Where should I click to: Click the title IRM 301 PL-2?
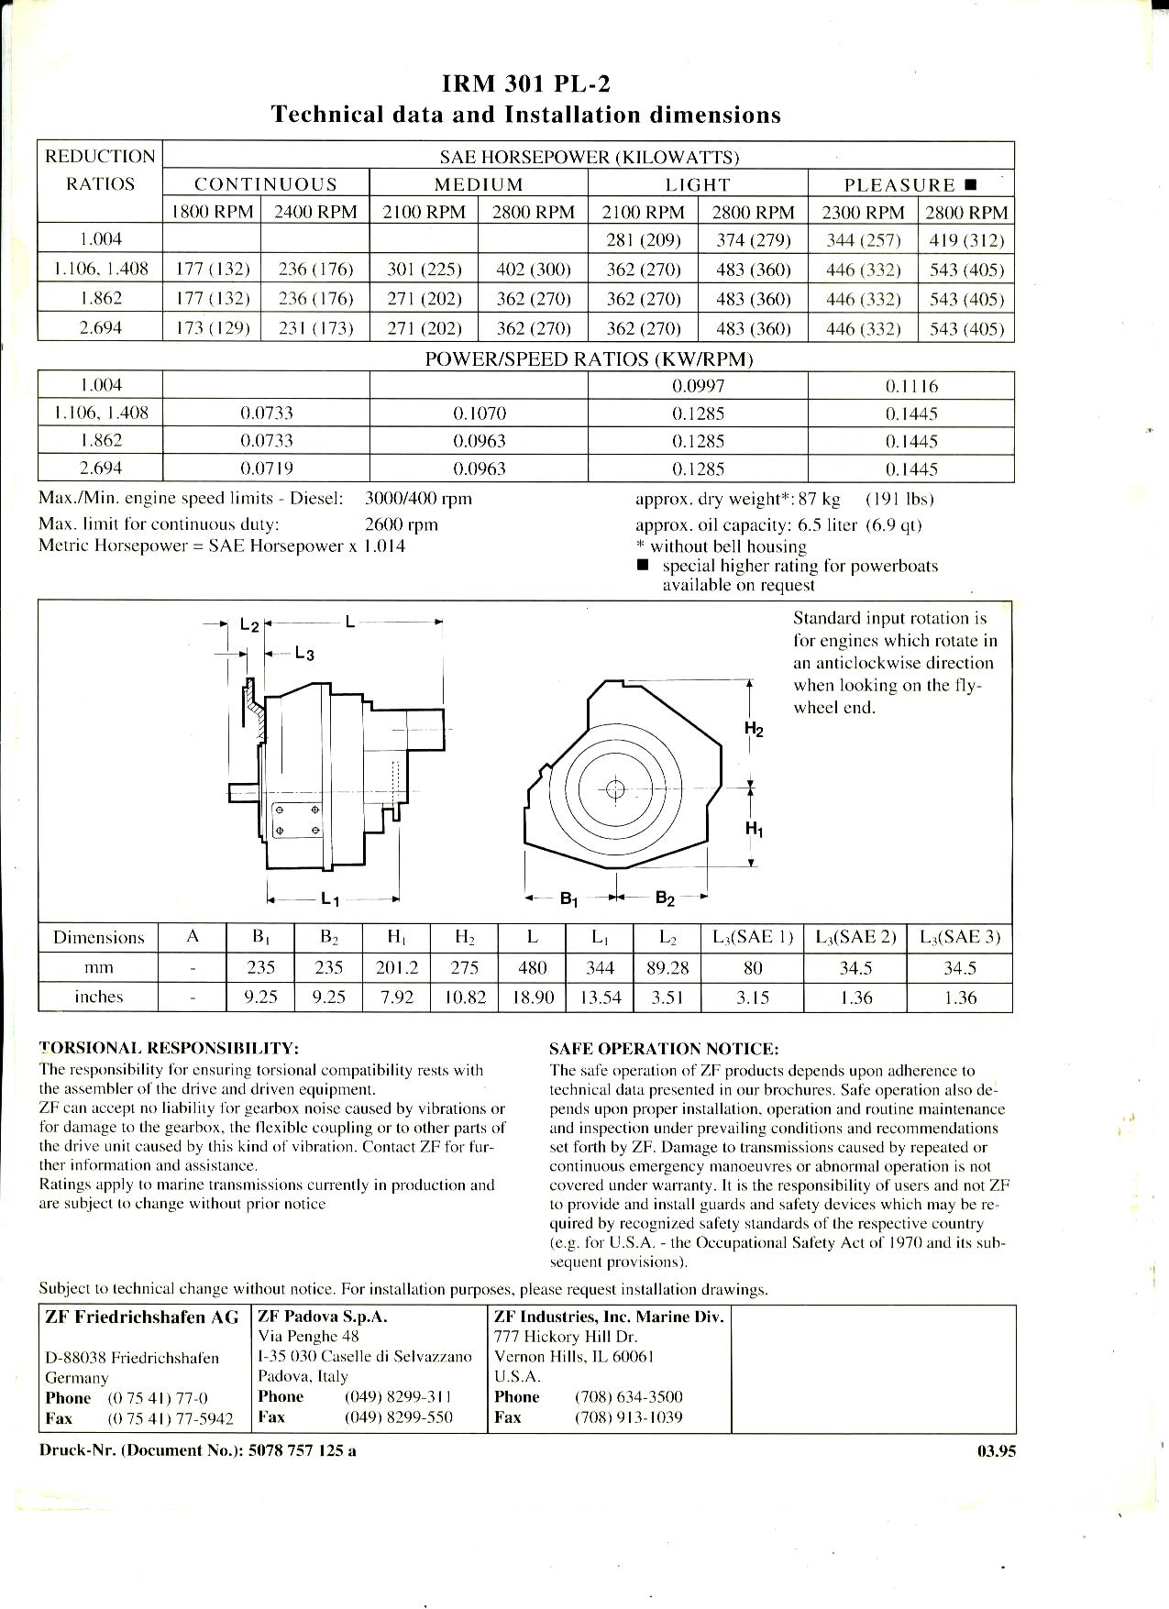pyautogui.click(x=526, y=84)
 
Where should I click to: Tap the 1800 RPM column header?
pyautogui.click(x=212, y=213)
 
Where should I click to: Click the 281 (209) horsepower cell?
pyautogui.click(x=643, y=241)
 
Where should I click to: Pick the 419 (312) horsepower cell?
pyautogui.click(x=966, y=241)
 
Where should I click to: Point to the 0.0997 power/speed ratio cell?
pyautogui.click(x=698, y=386)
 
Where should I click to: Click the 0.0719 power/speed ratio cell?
pyautogui.click(x=266, y=469)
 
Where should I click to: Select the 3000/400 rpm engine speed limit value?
pyautogui.click(x=418, y=499)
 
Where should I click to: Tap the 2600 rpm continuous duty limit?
pyautogui.click(x=402, y=524)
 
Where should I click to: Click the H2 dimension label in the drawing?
pyautogui.click(x=754, y=730)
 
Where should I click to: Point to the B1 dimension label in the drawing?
pyautogui.click(x=569, y=899)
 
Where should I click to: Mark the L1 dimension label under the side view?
pyautogui.click(x=331, y=899)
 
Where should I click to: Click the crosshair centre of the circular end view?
pyautogui.click(x=615, y=789)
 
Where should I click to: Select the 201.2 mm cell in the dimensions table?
pyautogui.click(x=396, y=968)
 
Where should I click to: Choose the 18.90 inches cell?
pyautogui.click(x=532, y=997)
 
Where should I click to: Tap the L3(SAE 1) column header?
pyautogui.click(x=752, y=937)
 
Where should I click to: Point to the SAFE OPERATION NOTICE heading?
pyautogui.click(x=664, y=1049)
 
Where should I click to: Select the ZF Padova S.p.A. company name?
pyautogui.click(x=323, y=1317)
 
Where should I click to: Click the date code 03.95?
pyautogui.click(x=997, y=1451)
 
